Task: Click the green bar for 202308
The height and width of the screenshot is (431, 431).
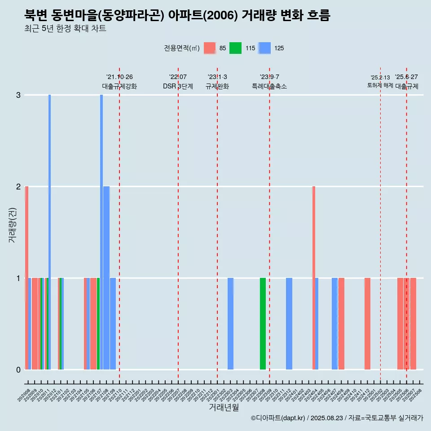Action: tap(263, 323)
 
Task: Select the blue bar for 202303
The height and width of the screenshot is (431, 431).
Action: tap(230, 323)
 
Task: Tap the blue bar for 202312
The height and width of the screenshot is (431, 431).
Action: tap(289, 323)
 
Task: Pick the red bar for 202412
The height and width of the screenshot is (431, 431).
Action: tap(367, 323)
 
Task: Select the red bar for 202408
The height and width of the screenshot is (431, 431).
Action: tap(341, 323)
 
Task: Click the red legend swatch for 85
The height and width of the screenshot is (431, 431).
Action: tap(210, 48)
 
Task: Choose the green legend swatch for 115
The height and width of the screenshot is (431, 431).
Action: tap(235, 48)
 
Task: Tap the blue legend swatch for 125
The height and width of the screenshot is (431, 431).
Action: tap(265, 48)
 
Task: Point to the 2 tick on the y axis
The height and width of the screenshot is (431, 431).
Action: tap(18, 186)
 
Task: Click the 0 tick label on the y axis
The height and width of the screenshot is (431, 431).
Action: tap(18, 369)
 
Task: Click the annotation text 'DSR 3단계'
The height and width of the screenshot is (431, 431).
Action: tap(178, 86)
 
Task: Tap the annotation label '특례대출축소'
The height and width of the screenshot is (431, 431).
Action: tap(269, 86)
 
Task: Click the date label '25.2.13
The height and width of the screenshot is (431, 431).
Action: tap(380, 78)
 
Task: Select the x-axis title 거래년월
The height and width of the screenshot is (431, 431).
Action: tap(224, 407)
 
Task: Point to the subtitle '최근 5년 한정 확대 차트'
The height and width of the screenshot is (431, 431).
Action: tap(65, 29)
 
